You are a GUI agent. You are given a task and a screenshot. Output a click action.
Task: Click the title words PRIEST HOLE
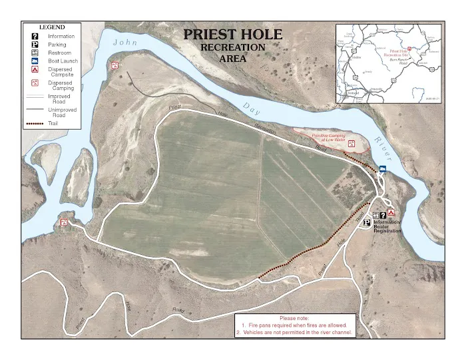(232, 35)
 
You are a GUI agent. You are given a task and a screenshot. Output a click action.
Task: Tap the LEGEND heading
(51, 27)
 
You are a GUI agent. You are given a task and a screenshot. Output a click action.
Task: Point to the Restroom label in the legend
(59, 53)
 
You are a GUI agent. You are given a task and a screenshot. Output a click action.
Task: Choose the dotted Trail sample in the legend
(35, 124)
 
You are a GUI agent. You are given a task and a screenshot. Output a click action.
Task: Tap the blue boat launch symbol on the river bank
(382, 169)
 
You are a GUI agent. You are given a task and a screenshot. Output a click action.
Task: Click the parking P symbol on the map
(367, 224)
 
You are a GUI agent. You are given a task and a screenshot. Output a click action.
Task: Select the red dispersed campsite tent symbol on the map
(391, 213)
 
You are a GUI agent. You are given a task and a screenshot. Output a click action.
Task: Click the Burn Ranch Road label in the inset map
(397, 62)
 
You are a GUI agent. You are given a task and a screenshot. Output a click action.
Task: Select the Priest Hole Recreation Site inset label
(399, 51)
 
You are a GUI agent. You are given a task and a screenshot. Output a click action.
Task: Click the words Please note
(294, 318)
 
